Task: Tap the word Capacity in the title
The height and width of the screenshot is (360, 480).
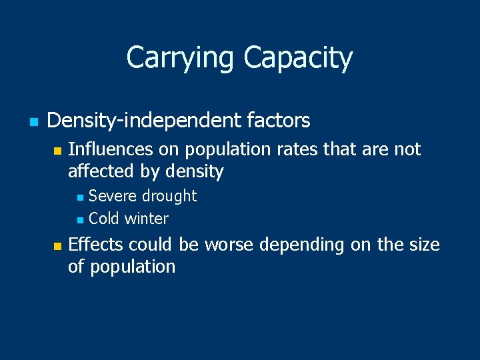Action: coord(298,58)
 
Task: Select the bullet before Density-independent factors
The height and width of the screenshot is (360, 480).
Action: coord(32,122)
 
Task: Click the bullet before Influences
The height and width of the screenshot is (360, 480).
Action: coord(57,151)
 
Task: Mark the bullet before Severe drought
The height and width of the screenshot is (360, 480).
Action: coord(80,197)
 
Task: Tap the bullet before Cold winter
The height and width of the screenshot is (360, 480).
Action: coord(80,219)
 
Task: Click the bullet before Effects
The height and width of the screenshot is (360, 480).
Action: coord(57,246)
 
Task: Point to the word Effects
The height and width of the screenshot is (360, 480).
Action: coord(96,245)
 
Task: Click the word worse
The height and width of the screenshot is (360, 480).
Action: coord(229,245)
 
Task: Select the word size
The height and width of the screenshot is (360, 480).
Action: coord(424,245)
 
